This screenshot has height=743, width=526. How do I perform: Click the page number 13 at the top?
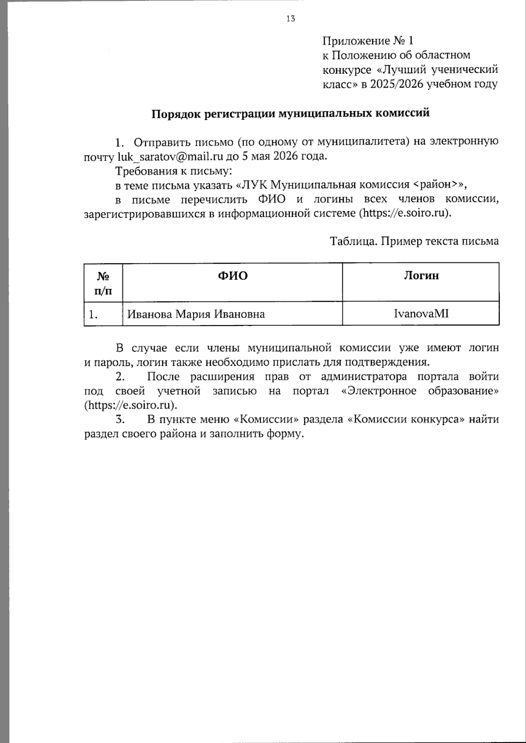point(290,18)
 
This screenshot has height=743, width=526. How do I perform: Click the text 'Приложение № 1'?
point(368,41)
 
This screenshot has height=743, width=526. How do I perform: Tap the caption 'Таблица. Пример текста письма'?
point(415,241)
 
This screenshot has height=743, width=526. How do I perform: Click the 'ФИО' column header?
point(233,276)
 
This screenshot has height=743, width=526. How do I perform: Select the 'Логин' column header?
point(421,276)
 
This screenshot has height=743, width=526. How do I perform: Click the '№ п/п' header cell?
point(103,283)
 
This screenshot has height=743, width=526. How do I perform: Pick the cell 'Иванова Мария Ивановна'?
point(196,314)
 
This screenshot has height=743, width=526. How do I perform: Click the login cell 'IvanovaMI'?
point(421,314)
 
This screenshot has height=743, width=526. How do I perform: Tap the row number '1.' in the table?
point(93,314)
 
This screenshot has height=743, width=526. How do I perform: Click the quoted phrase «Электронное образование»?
point(419,391)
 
